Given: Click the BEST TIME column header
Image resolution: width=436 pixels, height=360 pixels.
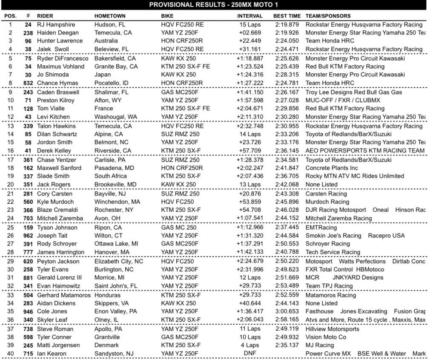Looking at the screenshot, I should pyautogui.click(x=286, y=16).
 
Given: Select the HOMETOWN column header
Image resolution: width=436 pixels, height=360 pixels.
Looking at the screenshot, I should pyautogui.click(x=110, y=16).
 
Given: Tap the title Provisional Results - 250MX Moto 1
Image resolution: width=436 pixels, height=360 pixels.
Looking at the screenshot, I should pyautogui.click(x=218, y=5).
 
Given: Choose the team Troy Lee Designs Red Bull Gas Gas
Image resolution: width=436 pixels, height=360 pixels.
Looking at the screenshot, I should pyautogui.click(x=354, y=92).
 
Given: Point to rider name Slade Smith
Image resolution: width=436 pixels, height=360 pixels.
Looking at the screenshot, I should pyautogui.click(x=53, y=176).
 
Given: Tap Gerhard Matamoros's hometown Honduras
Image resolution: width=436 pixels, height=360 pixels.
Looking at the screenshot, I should pyautogui.click(x=108, y=295).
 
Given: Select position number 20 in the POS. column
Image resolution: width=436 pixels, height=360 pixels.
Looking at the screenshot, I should pyautogui.click(x=10, y=184).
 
